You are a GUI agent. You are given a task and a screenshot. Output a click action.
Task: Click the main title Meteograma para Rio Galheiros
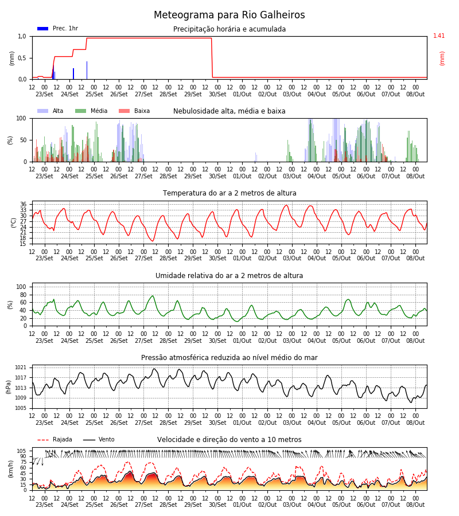pyautogui.click(x=229, y=15)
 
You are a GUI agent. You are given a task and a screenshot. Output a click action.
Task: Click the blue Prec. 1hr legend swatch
pyautogui.click(x=43, y=29)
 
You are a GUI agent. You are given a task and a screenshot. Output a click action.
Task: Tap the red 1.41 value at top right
pyautogui.click(x=438, y=36)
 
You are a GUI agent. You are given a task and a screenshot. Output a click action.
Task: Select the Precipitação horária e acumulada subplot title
pyautogui.click(x=229, y=29)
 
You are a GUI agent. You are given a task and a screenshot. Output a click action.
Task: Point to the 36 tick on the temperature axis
pyautogui.click(x=23, y=205)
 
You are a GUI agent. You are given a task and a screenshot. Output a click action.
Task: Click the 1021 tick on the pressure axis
pyautogui.click(x=21, y=368)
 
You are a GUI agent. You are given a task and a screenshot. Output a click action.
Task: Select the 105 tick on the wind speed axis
pyautogui.click(x=22, y=451)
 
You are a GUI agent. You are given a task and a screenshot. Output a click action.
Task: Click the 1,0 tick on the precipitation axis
pyautogui.click(x=22, y=36)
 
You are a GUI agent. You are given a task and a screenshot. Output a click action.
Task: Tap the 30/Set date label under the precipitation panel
pyautogui.click(x=217, y=94)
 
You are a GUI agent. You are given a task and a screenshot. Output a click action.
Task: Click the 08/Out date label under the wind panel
pyautogui.click(x=415, y=505)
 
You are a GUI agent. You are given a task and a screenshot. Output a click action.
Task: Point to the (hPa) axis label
pyautogui.click(x=9, y=387)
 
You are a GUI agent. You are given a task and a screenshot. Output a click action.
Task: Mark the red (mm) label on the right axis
pyautogui.click(x=442, y=58)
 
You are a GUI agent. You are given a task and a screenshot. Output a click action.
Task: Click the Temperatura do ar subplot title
pyautogui.click(x=229, y=193)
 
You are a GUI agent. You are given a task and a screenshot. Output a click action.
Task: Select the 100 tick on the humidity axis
pyautogui.click(x=21, y=287)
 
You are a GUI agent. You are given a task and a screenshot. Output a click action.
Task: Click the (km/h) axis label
pyautogui.click(x=11, y=469)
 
